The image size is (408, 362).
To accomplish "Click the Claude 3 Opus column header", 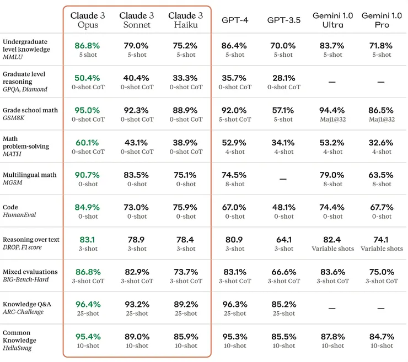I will (x=87, y=20).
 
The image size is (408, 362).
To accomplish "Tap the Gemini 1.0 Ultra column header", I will (x=332, y=20).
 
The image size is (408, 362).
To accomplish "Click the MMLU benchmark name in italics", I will (x=13, y=57).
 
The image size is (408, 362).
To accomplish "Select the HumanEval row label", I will (x=19, y=215).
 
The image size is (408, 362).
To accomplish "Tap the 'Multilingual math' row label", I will (x=30, y=175).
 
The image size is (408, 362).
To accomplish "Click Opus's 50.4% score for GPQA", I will (x=87, y=78).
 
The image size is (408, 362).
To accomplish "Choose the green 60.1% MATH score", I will (x=87, y=143).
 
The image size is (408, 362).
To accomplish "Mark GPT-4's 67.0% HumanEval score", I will (x=234, y=207).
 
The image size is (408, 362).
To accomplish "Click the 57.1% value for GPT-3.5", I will (x=283, y=110).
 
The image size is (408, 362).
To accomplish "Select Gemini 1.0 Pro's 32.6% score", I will (x=380, y=143).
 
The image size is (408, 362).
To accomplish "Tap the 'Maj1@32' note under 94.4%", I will (x=332, y=120).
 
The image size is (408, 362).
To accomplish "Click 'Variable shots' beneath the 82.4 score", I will (x=332, y=248).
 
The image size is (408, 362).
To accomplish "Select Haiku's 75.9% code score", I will (x=185, y=207).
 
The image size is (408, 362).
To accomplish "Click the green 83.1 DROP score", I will (x=87, y=240).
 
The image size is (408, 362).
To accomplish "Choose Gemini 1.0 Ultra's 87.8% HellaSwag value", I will (x=332, y=337).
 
